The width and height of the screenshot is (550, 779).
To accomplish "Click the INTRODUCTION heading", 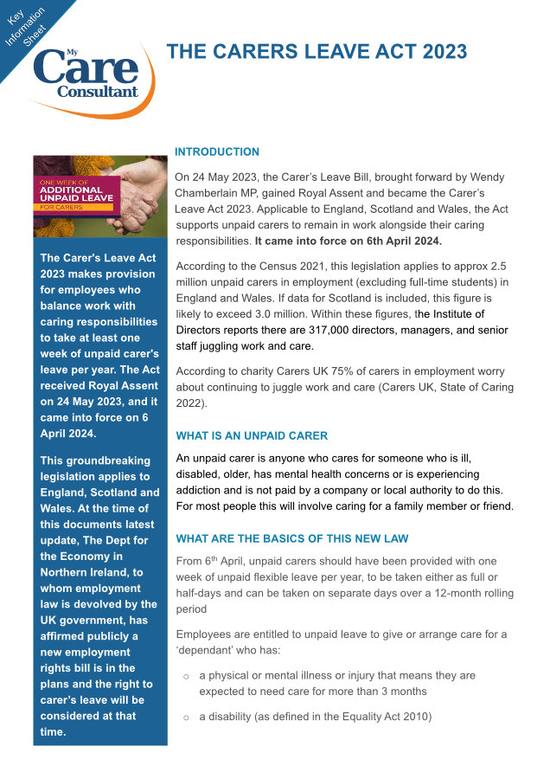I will point(217,151).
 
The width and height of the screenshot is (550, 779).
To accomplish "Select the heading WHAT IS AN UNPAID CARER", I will point(252,435).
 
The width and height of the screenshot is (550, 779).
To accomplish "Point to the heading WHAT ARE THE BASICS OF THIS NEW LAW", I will point(291,538).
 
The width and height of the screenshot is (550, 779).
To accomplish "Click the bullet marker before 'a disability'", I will point(186,717).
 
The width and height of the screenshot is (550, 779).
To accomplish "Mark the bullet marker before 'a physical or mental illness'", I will point(186,676).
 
